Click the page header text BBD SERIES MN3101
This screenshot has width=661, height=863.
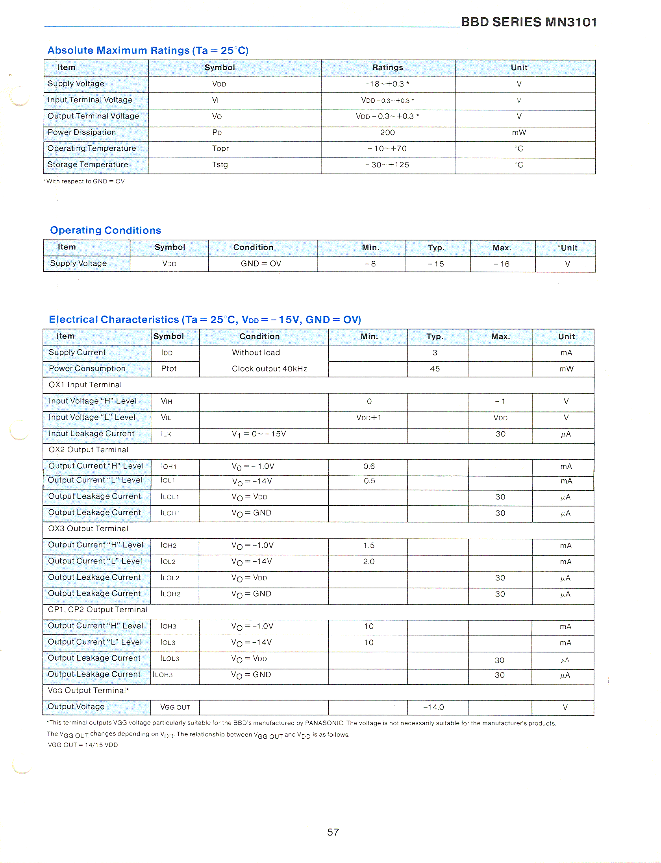[528, 22]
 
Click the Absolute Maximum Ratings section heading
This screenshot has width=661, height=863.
[148, 50]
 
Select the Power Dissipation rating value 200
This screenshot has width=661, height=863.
[387, 133]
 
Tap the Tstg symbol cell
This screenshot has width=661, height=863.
[220, 164]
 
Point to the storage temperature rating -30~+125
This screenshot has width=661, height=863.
[387, 164]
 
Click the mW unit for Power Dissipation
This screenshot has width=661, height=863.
[518, 133]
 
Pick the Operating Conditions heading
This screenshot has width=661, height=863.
[106, 230]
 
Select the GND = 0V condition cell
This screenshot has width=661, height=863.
[261, 264]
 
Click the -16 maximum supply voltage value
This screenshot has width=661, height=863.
[502, 264]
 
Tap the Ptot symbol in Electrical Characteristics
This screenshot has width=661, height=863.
[168, 369]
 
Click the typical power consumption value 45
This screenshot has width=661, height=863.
[435, 369]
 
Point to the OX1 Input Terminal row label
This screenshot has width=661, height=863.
[85, 385]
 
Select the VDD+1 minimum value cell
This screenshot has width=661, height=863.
[369, 418]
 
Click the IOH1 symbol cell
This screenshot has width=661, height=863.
[168, 466]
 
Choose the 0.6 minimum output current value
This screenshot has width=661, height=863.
[369, 466]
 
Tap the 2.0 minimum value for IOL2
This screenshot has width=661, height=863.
[369, 562]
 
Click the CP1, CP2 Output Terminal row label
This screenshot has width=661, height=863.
[98, 610]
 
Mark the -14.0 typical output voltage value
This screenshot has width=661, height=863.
[433, 707]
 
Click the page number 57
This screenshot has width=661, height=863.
[333, 832]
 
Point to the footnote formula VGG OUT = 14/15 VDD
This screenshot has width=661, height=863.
[83, 745]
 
